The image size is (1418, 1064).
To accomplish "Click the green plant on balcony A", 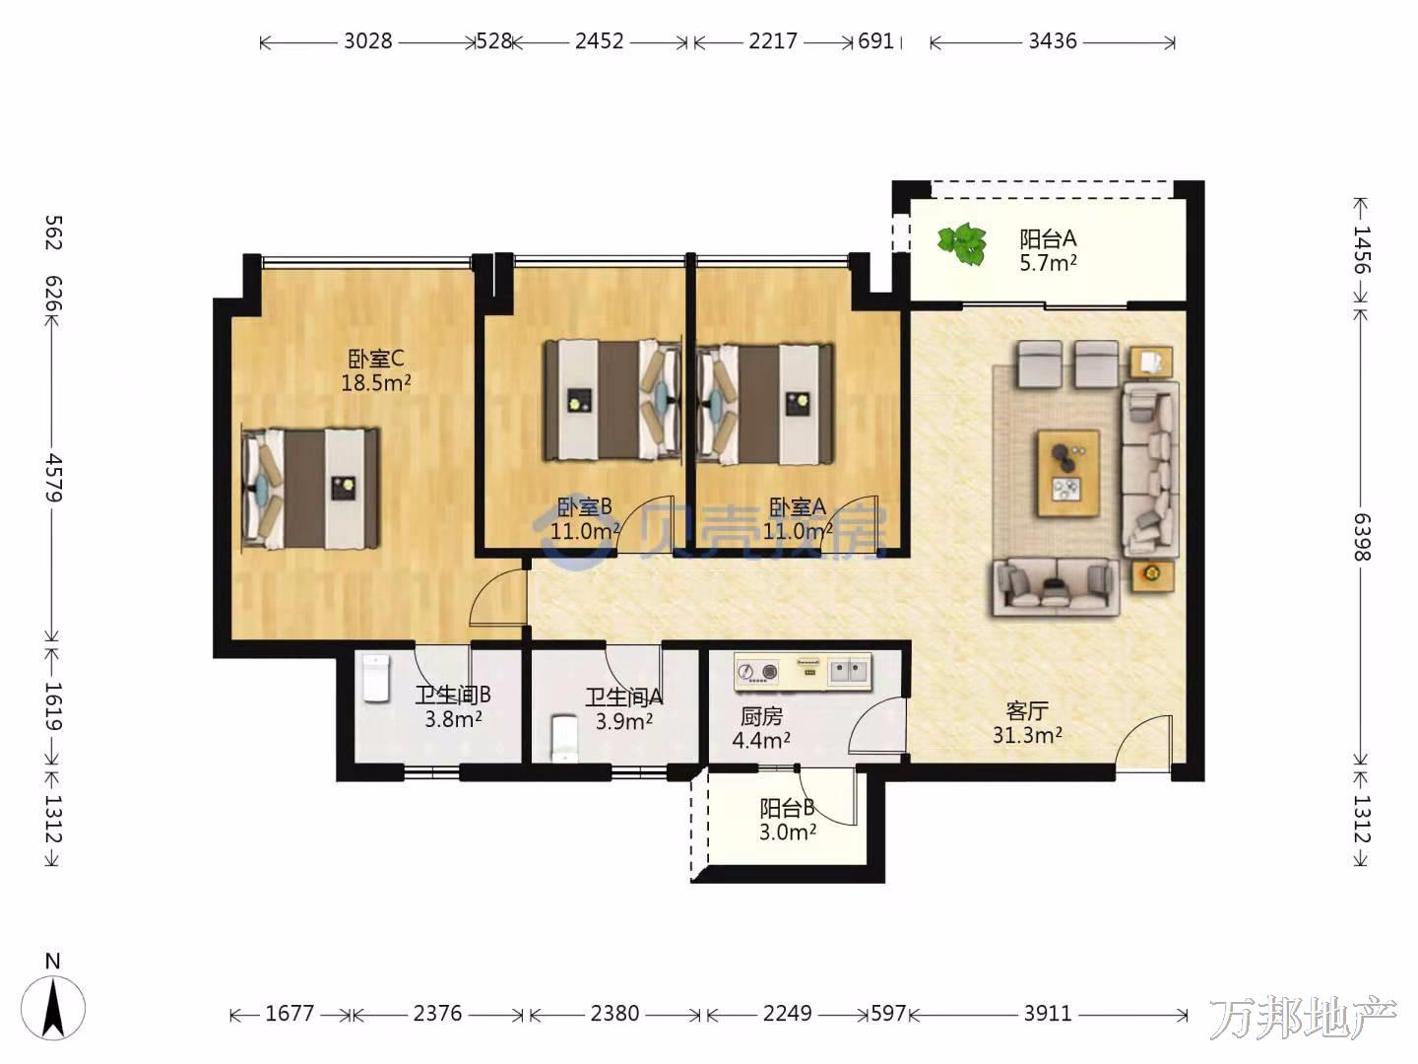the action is [962, 243].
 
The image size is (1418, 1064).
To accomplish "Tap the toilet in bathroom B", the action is [376, 678].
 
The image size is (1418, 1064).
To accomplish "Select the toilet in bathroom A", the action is [564, 737].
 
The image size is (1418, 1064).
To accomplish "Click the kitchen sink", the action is [848, 671].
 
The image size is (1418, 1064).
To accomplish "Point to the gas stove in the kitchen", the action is [758, 672].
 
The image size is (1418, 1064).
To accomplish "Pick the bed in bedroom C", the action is [310, 489].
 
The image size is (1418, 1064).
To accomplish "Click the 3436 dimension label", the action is [1053, 41].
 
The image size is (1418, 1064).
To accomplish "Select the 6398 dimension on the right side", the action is [1361, 537].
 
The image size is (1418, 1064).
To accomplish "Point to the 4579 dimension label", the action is [53, 478].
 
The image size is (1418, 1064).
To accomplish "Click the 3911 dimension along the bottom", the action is [1047, 1013].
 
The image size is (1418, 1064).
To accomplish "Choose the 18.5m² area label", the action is [376, 383].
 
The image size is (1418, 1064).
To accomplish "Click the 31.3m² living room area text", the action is [1027, 735].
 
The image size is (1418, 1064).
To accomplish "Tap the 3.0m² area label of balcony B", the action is [788, 832].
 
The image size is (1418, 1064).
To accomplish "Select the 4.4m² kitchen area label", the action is [761, 740].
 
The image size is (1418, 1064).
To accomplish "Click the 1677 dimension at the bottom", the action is [290, 1013].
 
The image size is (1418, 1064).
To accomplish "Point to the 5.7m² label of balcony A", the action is [1048, 263].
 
